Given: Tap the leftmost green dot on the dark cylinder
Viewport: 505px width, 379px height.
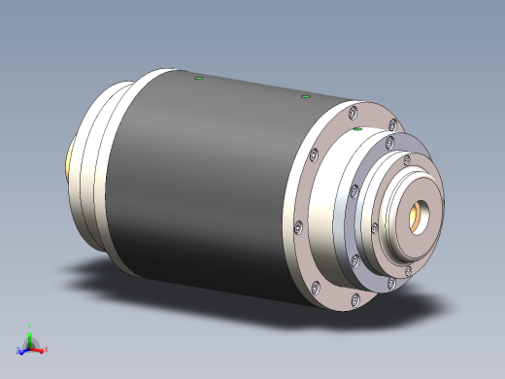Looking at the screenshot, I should (198, 78).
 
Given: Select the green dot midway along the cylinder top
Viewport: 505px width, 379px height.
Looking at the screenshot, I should (305, 96).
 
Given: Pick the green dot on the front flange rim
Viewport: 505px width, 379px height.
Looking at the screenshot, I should (357, 128).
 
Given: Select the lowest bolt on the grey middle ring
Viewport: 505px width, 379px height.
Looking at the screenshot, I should (390, 282).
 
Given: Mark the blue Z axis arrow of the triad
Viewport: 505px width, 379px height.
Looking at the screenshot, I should (22, 349).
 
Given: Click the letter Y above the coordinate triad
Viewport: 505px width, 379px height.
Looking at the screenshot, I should (30, 328).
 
